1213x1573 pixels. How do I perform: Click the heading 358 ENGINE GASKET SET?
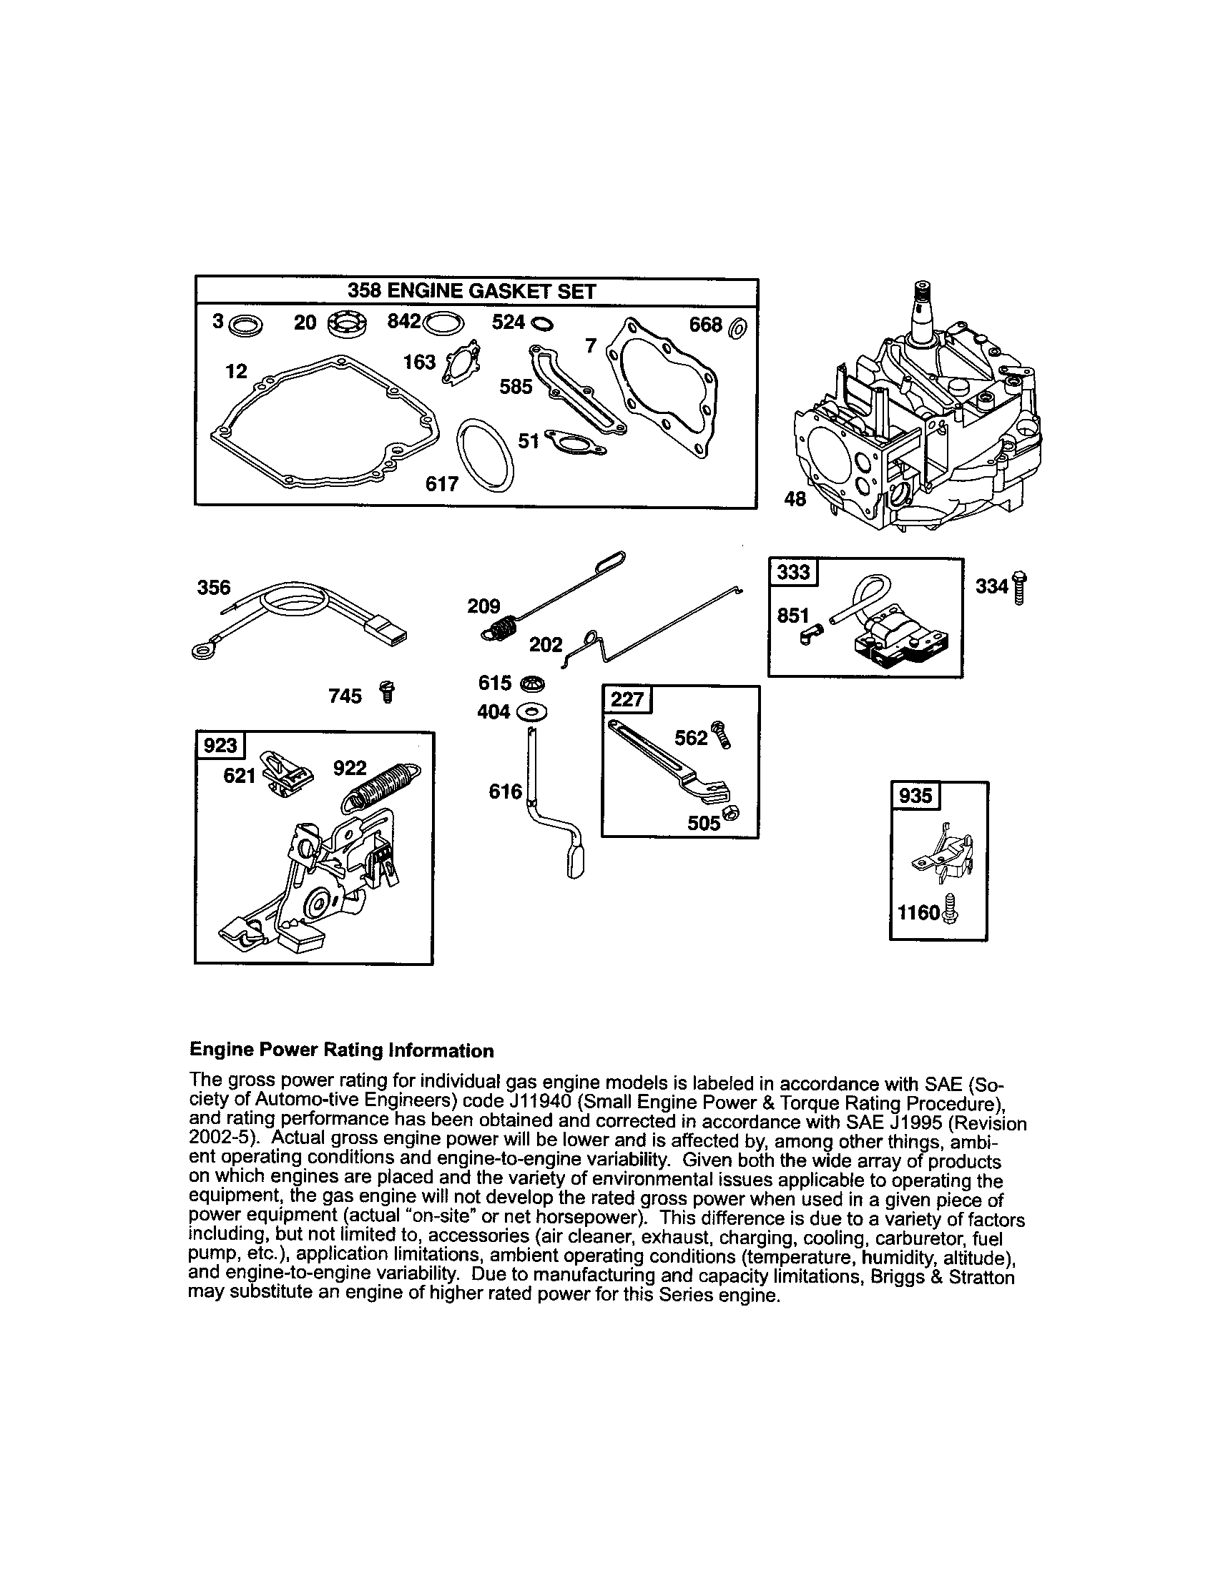pyautogui.click(x=472, y=291)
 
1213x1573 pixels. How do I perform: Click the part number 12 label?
pyautogui.click(x=235, y=372)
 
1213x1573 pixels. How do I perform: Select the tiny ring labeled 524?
pyautogui.click(x=541, y=325)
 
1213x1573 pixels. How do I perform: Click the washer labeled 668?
pyautogui.click(x=738, y=328)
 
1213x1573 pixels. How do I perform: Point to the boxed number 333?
pyautogui.click(x=793, y=573)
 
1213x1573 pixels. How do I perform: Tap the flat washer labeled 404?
pyautogui.click(x=531, y=712)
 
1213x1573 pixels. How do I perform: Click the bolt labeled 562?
pyautogui.click(x=720, y=736)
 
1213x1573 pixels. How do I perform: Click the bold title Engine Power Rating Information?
pyautogui.click(x=341, y=1050)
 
